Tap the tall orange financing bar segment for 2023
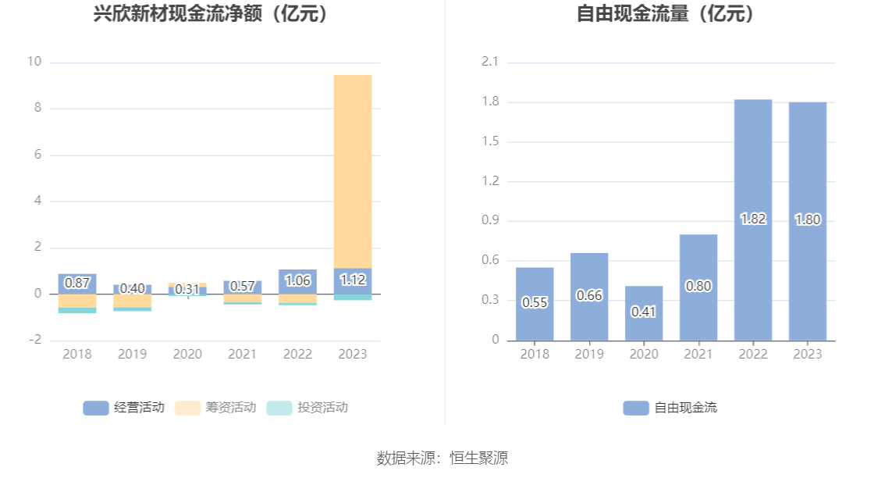353,171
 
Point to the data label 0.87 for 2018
77,283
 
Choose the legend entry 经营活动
124,408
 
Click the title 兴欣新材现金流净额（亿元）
210,14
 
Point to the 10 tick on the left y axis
34,62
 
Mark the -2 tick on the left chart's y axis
34,341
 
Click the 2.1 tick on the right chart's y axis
490,62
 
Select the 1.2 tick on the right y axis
490,181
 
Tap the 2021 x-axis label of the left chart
242,355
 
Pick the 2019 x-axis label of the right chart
589,355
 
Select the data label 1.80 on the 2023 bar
808,220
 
